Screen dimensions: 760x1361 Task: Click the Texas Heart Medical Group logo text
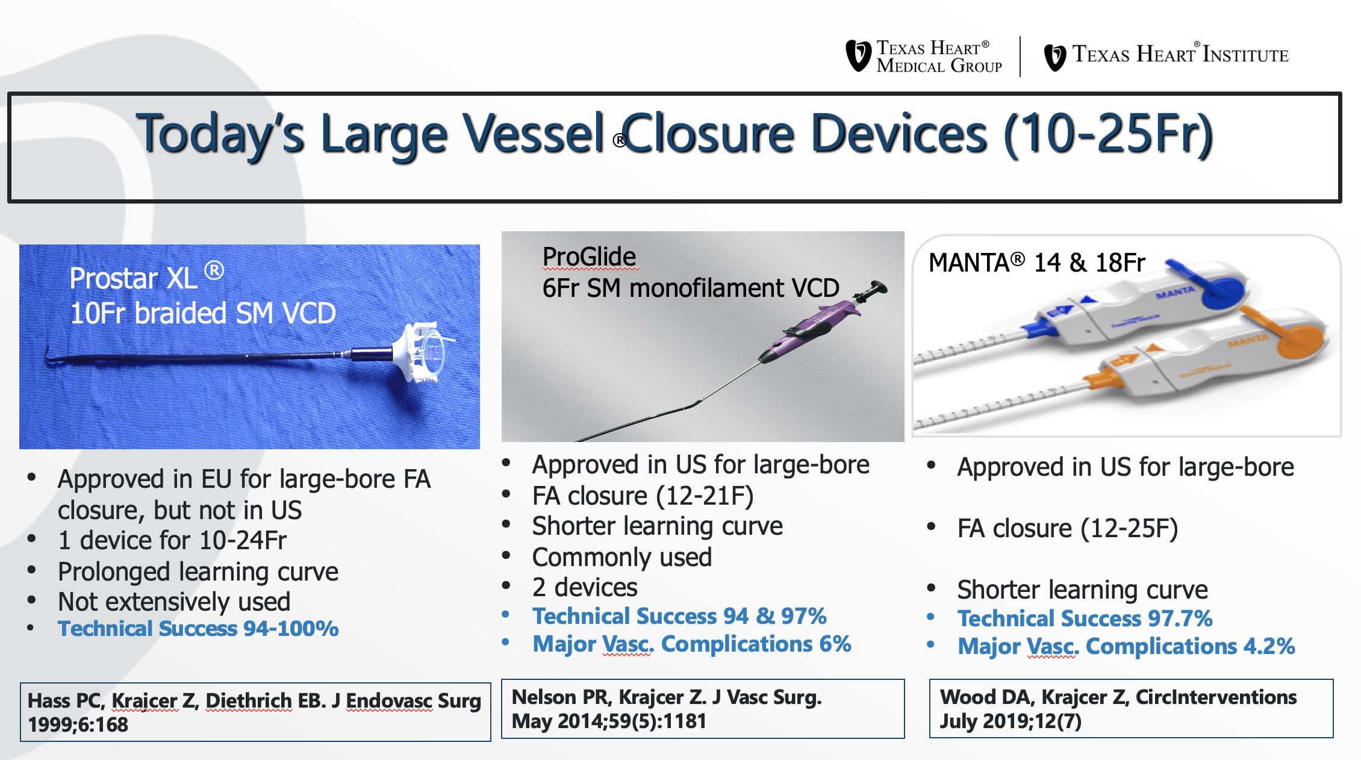[938, 57]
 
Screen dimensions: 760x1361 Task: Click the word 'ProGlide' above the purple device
[589, 257]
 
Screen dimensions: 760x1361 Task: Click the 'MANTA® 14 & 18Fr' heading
[1036, 263]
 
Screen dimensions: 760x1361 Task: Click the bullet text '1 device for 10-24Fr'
[172, 540]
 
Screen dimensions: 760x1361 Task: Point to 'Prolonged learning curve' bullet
[198, 572]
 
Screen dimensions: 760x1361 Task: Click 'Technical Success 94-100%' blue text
[198, 629]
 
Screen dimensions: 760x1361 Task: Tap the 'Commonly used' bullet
[621, 557]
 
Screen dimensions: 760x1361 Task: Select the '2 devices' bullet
[584, 587]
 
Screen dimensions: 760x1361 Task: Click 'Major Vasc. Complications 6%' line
[691, 644]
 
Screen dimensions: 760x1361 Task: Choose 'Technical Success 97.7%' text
[1085, 618]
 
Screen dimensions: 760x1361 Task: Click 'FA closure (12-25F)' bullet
[1067, 529]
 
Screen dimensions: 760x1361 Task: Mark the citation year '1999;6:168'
[78, 724]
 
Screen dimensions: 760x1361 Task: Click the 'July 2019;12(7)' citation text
[1011, 721]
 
